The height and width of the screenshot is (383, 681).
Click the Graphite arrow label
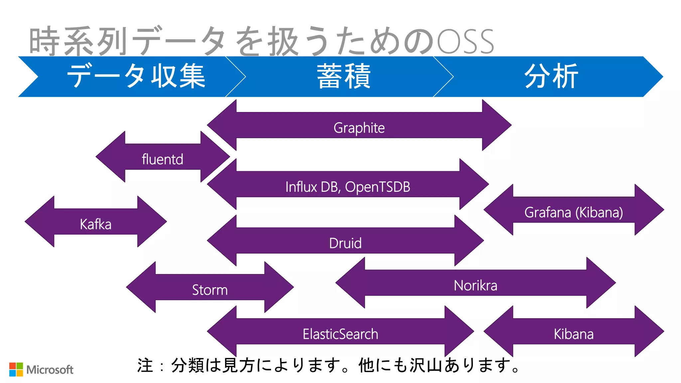pos(359,128)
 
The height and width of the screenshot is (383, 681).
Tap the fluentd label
pos(162,159)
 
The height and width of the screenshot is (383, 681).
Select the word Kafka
pos(95,224)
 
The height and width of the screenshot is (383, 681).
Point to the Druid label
pos(345,243)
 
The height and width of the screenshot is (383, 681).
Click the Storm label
pos(210,290)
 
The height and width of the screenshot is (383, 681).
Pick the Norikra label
pos(476,286)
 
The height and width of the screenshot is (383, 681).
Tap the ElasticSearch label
pos(340,334)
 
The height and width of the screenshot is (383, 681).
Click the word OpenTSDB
pos(377,187)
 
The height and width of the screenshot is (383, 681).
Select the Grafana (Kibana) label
pos(573,212)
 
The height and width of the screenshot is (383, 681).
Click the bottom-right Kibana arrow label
pos(573,334)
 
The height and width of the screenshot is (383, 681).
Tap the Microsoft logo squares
pos(16,369)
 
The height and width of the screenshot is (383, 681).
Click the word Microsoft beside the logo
pos(50,370)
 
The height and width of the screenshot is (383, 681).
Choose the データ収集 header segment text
pos(136,76)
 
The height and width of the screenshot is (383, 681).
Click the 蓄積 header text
pos(343,76)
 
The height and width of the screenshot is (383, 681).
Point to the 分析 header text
pos(551,76)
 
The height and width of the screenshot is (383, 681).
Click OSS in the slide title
pos(466,42)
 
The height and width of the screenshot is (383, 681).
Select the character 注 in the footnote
pos(145,365)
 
